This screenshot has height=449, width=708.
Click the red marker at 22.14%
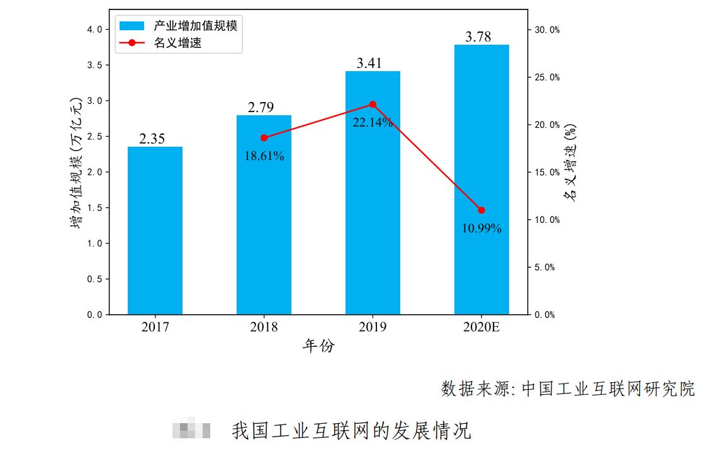point(373,105)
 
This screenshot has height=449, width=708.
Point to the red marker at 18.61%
point(264,138)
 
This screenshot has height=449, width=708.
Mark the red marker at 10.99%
point(481,210)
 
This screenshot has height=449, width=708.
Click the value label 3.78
point(478,37)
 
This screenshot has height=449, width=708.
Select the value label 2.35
point(152,139)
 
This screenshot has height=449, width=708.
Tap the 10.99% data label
point(481,229)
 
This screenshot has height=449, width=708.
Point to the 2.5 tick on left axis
point(96,137)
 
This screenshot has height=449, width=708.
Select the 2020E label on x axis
point(481,327)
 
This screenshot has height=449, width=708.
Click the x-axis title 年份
point(318,346)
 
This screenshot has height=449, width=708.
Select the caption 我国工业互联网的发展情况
point(352,431)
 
